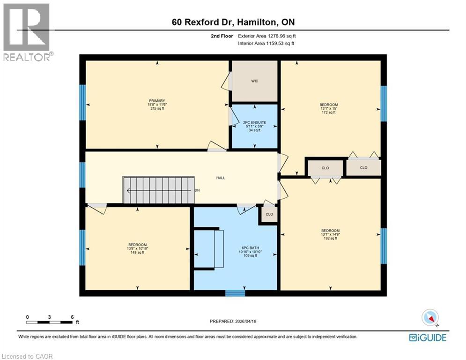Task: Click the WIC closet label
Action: (x=254, y=81)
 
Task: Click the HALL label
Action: (x=220, y=178)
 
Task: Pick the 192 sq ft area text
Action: (x=330, y=239)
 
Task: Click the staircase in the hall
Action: (x=158, y=190)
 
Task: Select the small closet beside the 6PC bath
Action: (x=269, y=214)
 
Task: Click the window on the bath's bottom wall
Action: (x=235, y=293)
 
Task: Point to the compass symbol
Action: (x=429, y=317)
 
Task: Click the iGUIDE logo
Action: (x=427, y=337)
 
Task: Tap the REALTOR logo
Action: (x=26, y=32)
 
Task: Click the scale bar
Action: (x=50, y=322)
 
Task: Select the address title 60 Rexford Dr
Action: (x=233, y=22)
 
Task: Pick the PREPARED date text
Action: (x=233, y=321)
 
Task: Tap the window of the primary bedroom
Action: (x=82, y=103)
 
